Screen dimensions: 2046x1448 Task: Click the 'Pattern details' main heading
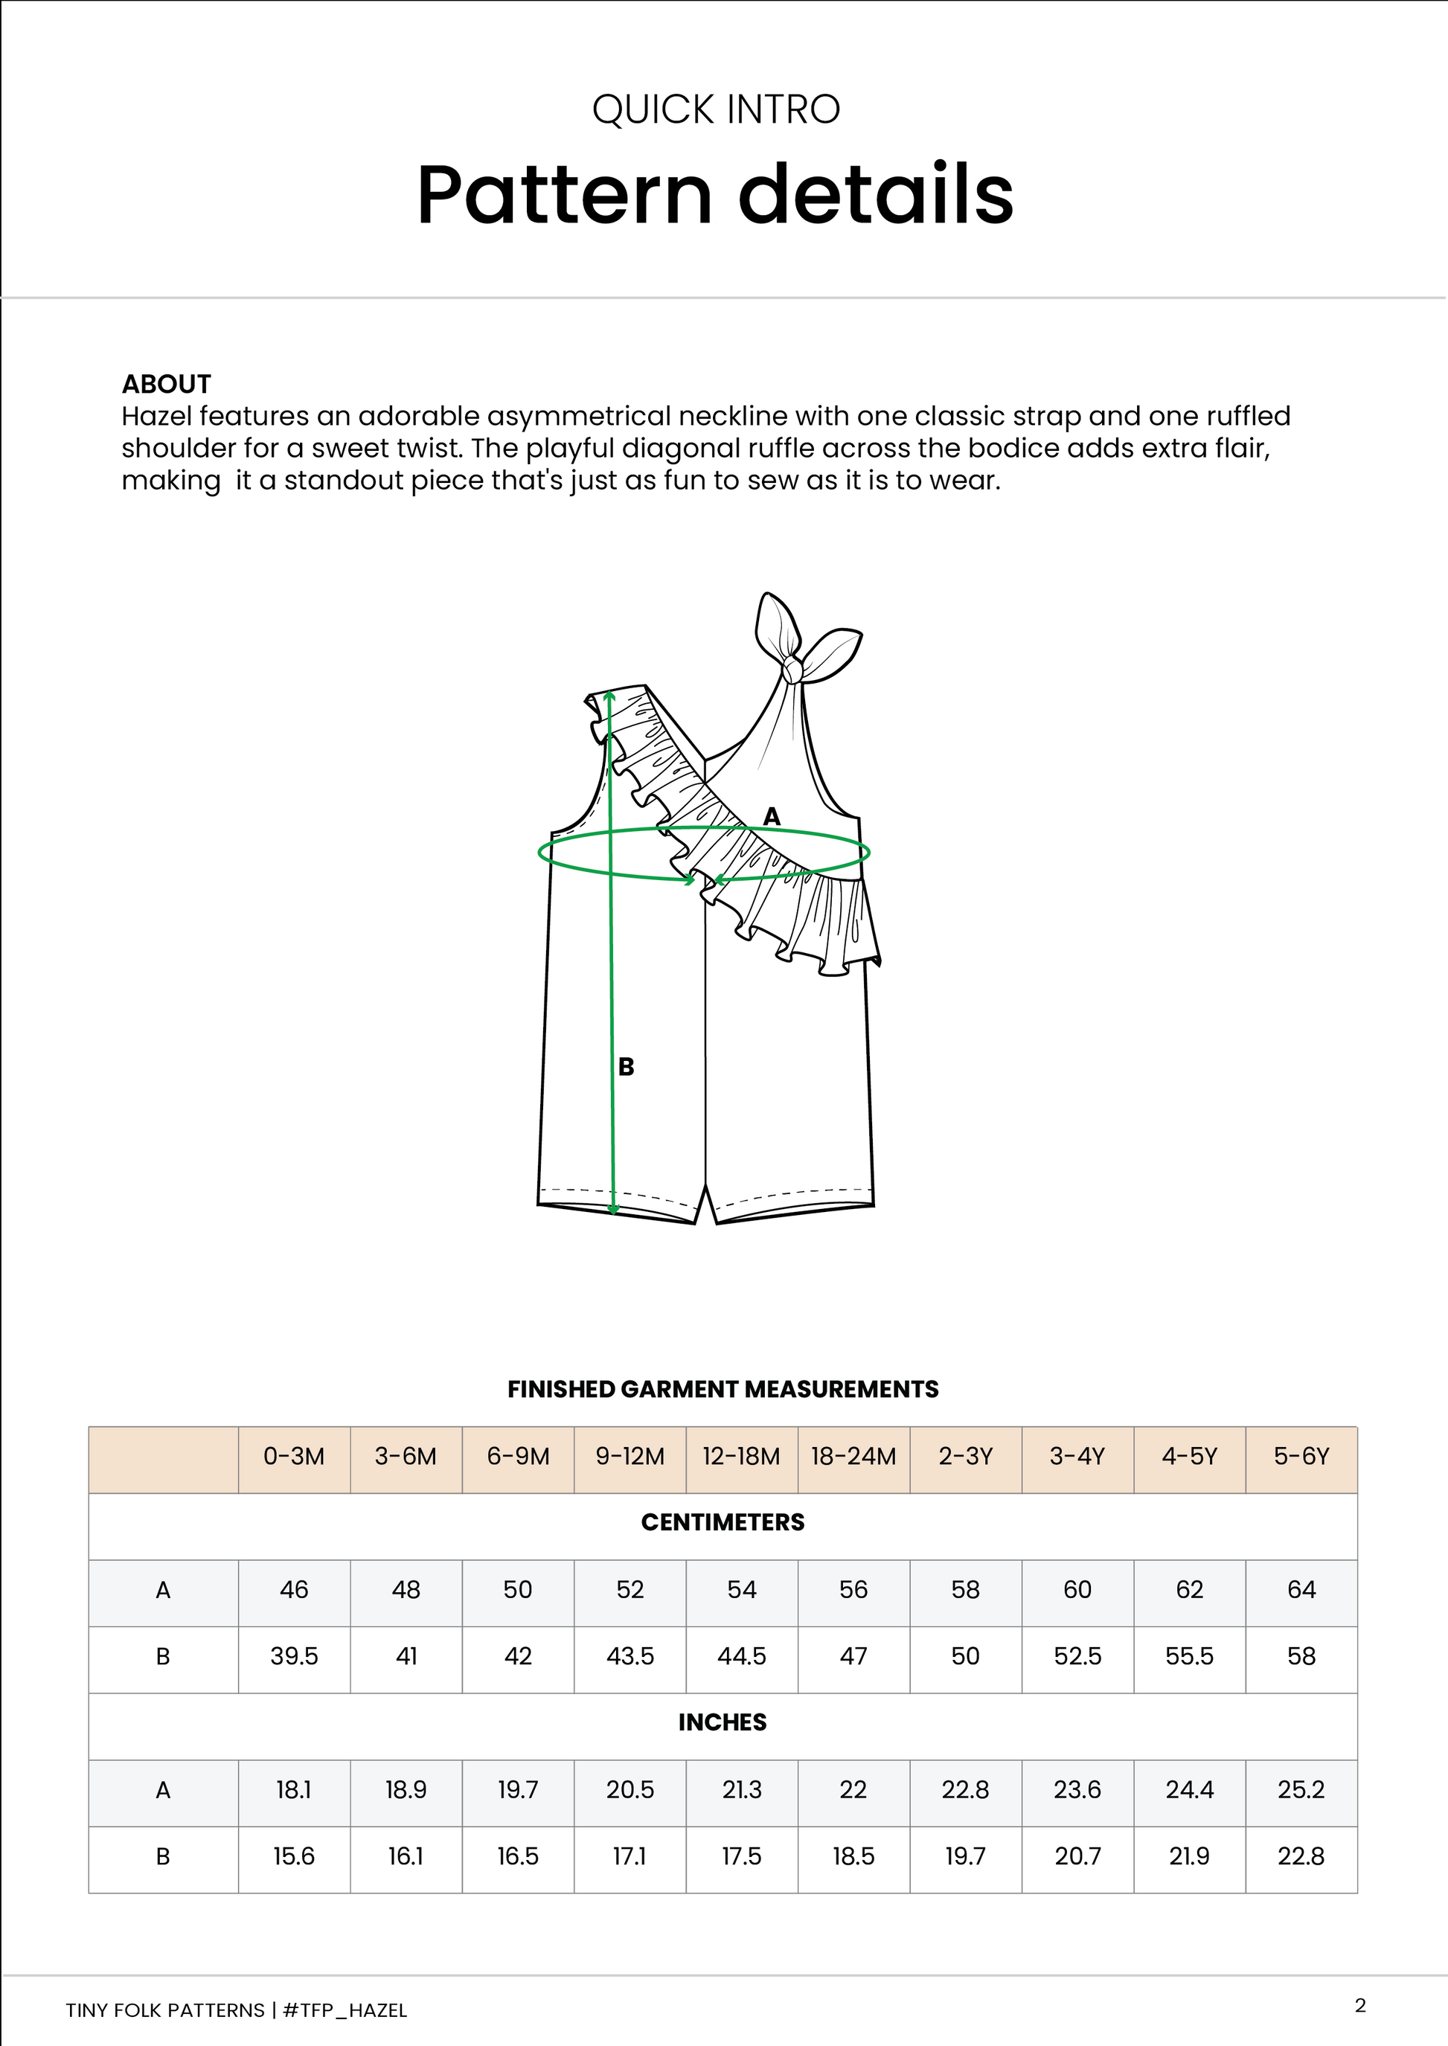point(715,194)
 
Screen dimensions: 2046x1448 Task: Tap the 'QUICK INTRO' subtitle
point(715,109)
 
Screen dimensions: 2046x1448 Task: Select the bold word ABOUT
point(166,384)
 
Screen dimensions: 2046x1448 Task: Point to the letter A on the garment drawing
point(772,815)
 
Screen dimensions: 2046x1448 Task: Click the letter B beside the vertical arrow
point(626,1066)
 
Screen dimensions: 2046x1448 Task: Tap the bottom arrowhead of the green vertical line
point(613,1210)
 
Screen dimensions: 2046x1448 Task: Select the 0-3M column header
point(293,1457)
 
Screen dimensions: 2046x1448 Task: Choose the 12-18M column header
point(741,1457)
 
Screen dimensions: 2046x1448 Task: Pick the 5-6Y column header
point(1301,1457)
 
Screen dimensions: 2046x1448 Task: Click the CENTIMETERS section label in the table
point(723,1523)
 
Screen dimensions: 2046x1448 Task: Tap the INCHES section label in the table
point(723,1722)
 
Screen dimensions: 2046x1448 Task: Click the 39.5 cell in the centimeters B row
point(293,1656)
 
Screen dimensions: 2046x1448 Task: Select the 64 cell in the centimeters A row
point(1301,1589)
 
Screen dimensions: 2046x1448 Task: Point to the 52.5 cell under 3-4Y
point(1077,1656)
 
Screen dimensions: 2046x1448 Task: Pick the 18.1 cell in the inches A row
point(293,1789)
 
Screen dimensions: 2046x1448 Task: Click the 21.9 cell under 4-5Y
point(1189,1856)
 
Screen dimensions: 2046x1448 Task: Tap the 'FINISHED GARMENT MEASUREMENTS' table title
point(723,1389)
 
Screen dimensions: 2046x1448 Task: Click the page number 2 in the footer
point(1359,2006)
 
